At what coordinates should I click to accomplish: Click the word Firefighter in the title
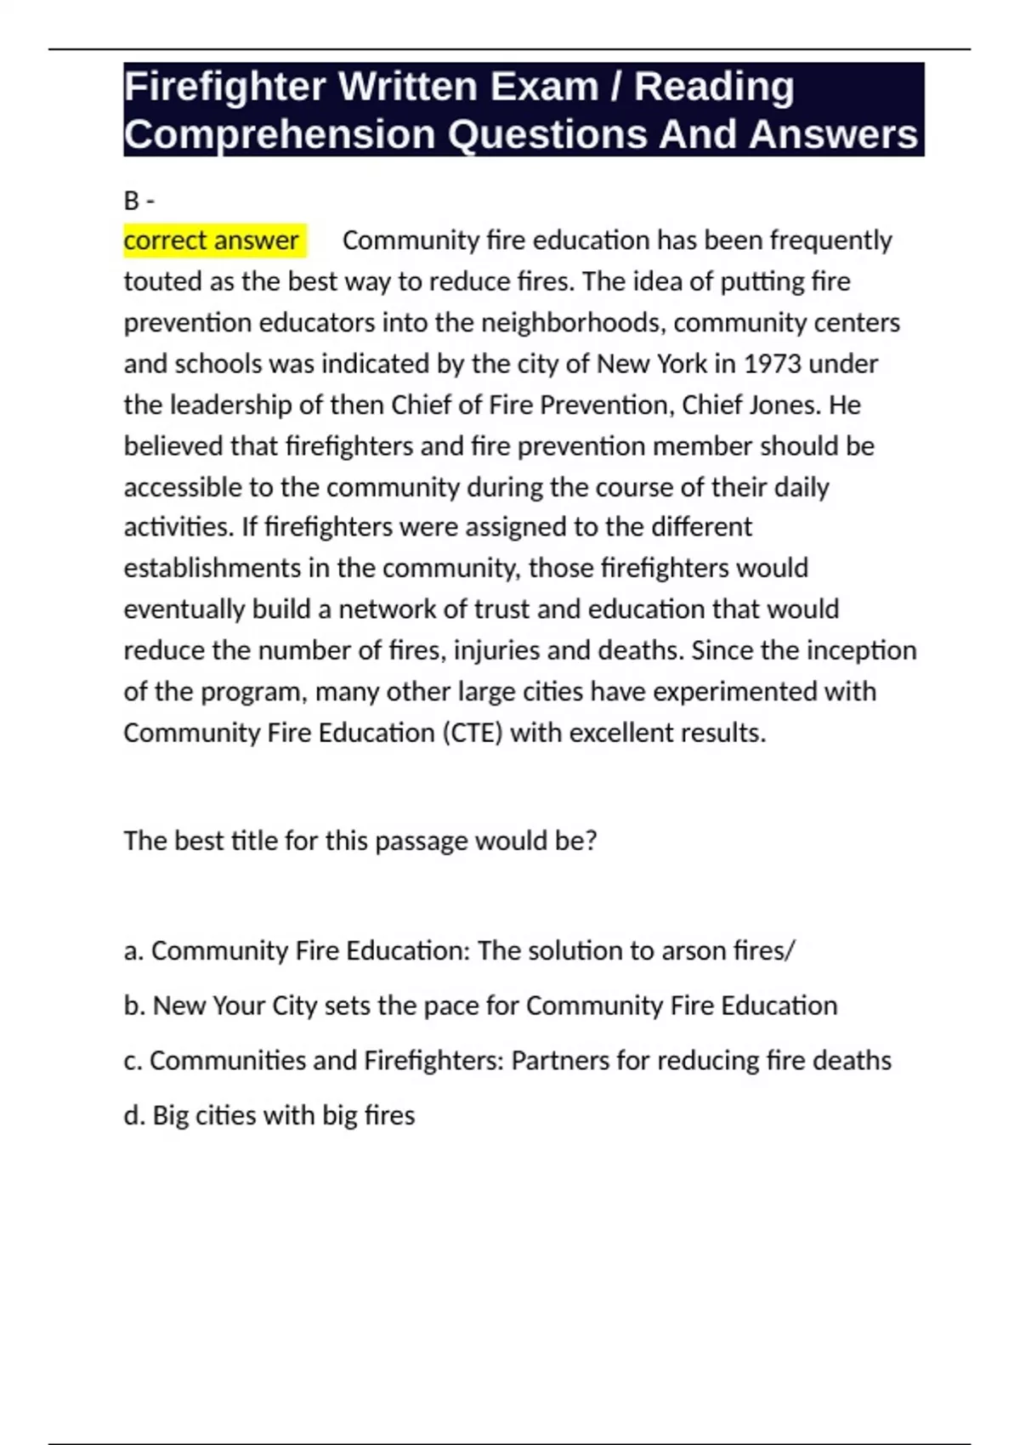[224, 87]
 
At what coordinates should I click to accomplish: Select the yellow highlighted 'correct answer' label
[212, 241]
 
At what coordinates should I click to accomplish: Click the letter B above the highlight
[131, 201]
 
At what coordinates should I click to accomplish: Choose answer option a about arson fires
[459, 950]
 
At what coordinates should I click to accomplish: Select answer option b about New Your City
[480, 1006]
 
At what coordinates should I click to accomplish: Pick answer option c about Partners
[507, 1061]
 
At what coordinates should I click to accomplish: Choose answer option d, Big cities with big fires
[269, 1115]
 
